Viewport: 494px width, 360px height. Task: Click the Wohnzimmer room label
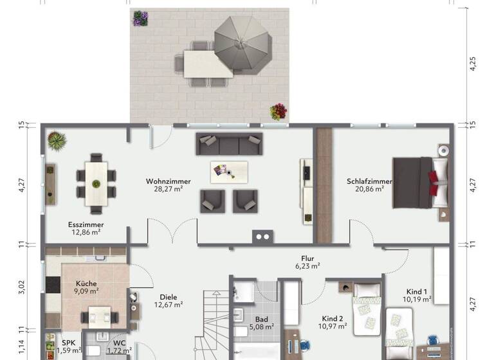(168, 181)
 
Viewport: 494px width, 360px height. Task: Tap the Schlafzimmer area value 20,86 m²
(365, 189)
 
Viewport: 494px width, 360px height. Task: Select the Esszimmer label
(86, 224)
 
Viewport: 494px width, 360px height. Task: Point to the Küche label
(86, 283)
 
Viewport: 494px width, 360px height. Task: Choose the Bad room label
(261, 319)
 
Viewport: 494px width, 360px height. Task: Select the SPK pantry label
(68, 343)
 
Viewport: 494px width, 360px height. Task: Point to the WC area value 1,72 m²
(118, 351)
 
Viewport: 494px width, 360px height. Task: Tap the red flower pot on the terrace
(278, 111)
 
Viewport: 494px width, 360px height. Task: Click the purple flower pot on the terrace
(140, 18)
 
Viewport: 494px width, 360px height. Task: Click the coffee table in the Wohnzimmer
(229, 172)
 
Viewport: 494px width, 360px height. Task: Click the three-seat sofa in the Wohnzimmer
(229, 143)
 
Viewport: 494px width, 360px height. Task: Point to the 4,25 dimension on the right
(473, 63)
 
